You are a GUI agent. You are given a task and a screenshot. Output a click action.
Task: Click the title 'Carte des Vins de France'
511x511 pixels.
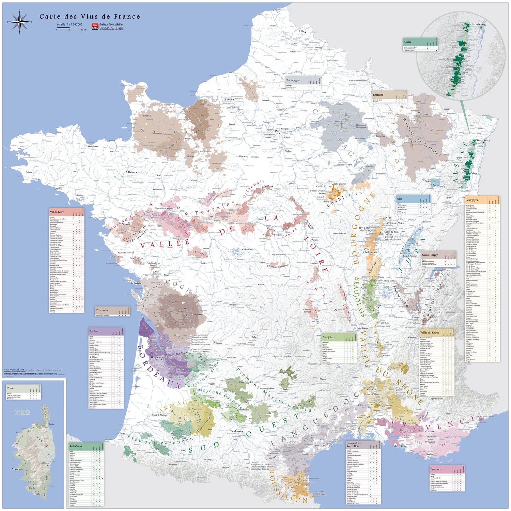coord(90,16)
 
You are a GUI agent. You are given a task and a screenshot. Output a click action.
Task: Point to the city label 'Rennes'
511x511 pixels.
coord(132,172)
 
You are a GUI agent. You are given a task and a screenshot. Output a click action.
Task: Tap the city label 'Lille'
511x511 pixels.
coord(301,31)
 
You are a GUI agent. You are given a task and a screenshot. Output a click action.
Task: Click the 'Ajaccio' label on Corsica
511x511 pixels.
coord(17,469)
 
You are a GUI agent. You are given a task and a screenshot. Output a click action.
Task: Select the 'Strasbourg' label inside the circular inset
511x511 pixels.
coord(479,25)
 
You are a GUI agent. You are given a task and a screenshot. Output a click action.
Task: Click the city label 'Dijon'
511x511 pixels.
coord(388,217)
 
